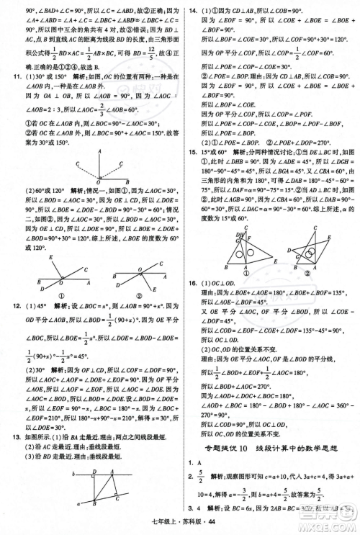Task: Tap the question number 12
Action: tap(9, 305)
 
